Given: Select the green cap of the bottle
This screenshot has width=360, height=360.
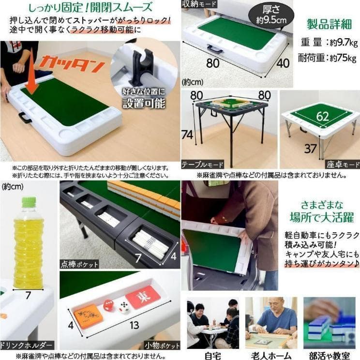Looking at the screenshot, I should (x=29, y=201).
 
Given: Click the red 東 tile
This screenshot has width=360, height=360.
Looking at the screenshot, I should (x=143, y=297).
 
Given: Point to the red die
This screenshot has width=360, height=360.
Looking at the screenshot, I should (x=108, y=305).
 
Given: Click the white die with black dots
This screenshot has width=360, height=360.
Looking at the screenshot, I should (x=124, y=308).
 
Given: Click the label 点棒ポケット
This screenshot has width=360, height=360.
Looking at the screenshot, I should (x=79, y=264).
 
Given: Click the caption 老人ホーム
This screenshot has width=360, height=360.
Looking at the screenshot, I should (x=270, y=354).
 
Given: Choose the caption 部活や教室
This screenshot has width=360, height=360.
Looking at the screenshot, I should (x=329, y=354).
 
